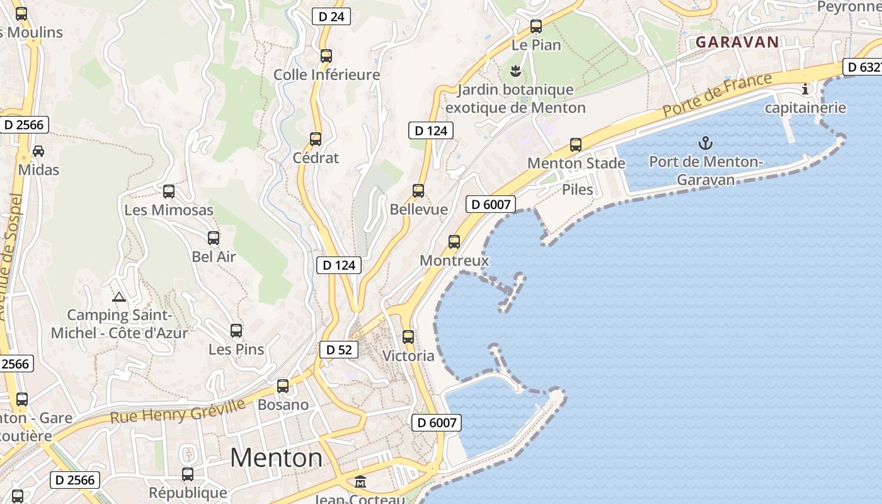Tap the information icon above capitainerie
pos(805,89)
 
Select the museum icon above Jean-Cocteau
pos(360,482)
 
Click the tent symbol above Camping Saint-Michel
pos(118,297)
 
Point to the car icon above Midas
pos(38,151)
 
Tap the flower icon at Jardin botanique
pos(515,71)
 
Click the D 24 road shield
pos(331,16)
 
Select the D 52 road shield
pos(339,350)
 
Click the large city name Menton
pos(276,457)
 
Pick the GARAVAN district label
pos(737,42)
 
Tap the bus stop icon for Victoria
pos(408,337)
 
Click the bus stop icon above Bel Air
pos(214,238)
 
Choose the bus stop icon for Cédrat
pos(316,139)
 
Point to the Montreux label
pos(454,260)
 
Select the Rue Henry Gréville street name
pos(178,410)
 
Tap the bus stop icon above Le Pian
pos(536,26)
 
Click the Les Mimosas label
pos(169,210)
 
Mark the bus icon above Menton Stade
pos(576,145)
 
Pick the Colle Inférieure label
pos(326,75)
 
